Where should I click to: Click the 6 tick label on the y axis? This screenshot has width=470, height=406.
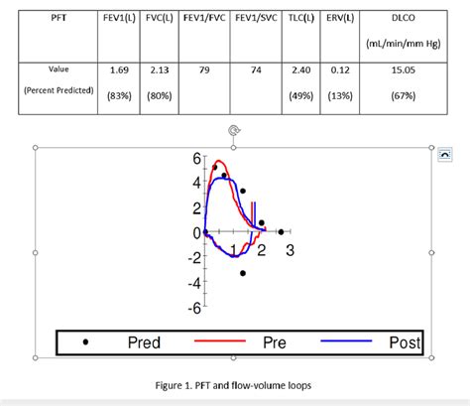tap(197, 159)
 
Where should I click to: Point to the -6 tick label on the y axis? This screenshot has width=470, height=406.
tap(195, 308)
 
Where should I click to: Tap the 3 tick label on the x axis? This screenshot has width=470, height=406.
tap(290, 251)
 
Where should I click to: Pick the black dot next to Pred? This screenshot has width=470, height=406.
tap(86, 342)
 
